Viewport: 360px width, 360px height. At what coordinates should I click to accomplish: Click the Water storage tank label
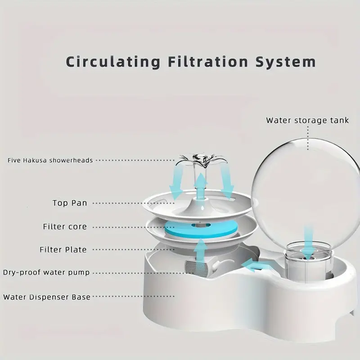(x=308, y=120)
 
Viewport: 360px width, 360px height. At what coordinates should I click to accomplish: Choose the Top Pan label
(x=70, y=203)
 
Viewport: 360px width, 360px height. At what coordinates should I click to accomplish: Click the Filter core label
(x=65, y=226)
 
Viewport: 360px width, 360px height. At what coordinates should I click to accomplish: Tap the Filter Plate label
(x=63, y=249)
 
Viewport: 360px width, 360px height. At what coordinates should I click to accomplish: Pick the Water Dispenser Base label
(x=47, y=297)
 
